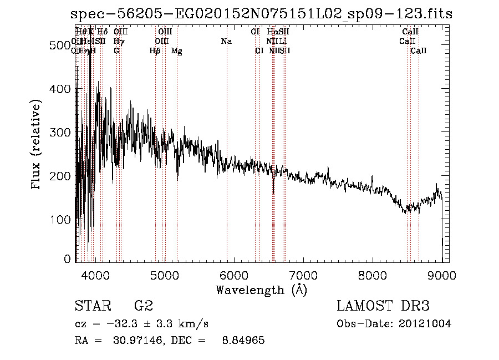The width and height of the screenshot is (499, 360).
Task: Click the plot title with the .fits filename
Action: tap(262, 13)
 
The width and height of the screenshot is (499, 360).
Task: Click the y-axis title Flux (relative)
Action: tap(37, 145)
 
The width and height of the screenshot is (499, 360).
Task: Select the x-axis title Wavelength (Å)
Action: tap(261, 290)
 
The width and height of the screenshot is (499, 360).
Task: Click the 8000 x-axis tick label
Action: tap(373, 275)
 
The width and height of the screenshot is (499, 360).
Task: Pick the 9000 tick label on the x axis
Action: tap(442, 275)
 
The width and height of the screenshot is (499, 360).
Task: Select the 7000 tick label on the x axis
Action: tap(303, 275)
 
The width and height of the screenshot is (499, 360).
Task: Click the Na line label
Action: tap(226, 42)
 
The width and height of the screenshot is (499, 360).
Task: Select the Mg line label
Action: tap(177, 51)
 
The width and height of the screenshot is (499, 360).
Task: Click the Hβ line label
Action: tap(155, 51)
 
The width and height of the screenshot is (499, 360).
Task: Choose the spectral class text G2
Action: tap(144, 306)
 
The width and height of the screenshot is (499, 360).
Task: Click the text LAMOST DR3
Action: tap(383, 306)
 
